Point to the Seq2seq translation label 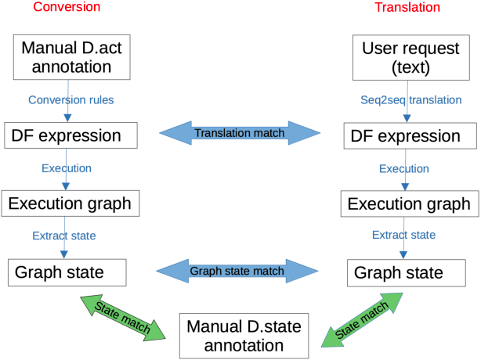tap(406, 100)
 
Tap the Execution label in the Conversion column tap(66, 168)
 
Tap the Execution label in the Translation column tap(404, 169)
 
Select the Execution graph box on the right tap(409, 204)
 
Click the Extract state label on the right tap(404, 235)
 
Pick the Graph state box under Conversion tap(69, 272)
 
